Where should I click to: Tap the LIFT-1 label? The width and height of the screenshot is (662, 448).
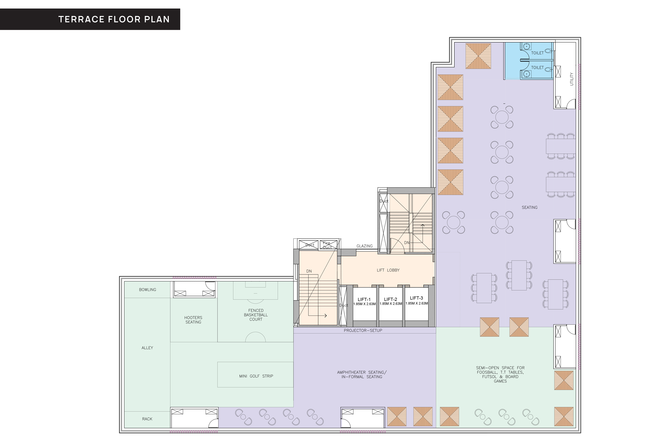pyautogui.click(x=364, y=299)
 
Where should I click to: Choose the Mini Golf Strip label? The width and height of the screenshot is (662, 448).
pyautogui.click(x=256, y=376)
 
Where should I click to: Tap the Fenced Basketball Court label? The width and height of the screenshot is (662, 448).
pyautogui.click(x=256, y=315)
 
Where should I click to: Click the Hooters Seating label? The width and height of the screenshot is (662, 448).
pyautogui.click(x=193, y=320)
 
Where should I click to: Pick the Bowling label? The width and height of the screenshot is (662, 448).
pyautogui.click(x=148, y=290)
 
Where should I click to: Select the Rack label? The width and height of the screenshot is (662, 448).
pyautogui.click(x=147, y=419)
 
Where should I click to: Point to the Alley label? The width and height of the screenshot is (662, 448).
pyautogui.click(x=147, y=348)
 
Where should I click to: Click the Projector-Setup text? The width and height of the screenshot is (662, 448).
pyautogui.click(x=363, y=330)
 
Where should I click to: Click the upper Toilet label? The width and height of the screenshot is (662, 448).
pyautogui.click(x=537, y=53)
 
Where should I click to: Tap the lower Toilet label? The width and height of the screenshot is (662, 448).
pyautogui.click(x=537, y=68)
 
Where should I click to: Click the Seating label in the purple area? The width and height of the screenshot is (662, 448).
pyautogui.click(x=530, y=207)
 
